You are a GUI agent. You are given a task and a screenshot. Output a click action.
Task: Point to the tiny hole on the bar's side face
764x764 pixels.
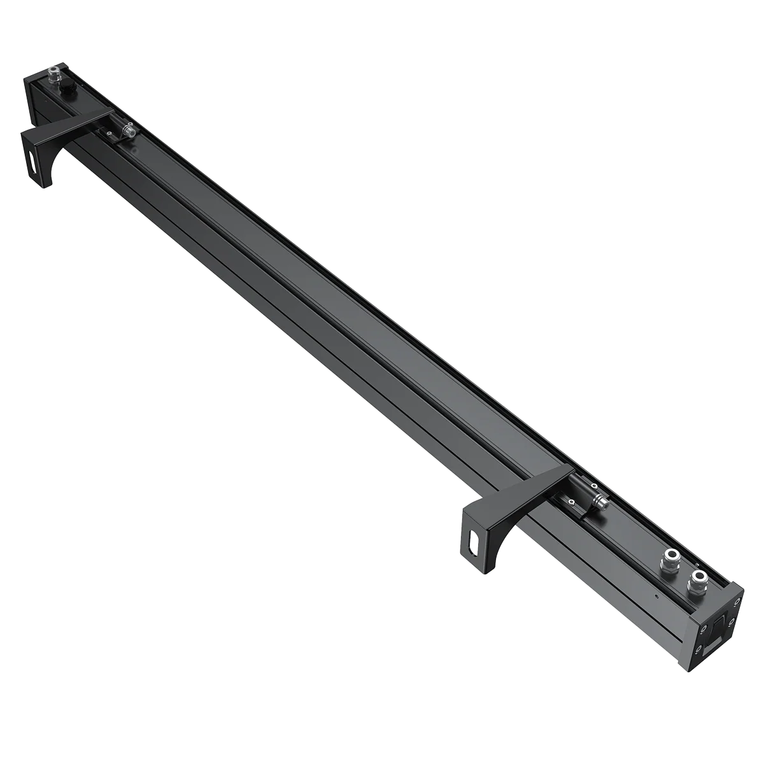[x=656, y=597]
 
